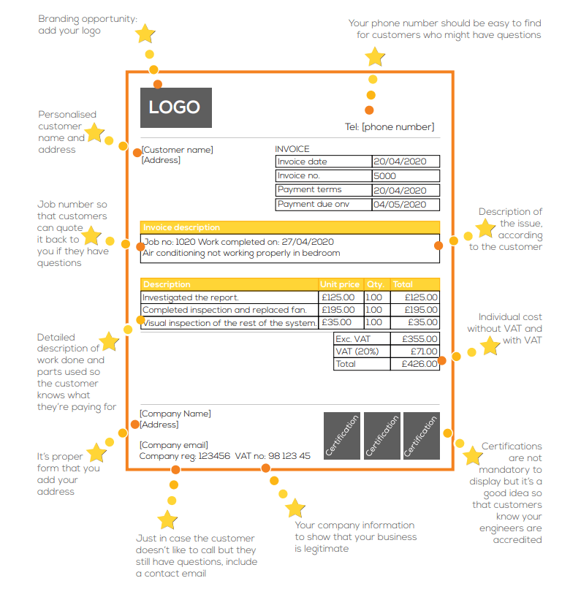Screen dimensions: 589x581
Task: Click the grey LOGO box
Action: tap(175, 108)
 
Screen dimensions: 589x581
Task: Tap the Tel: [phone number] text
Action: tap(390, 127)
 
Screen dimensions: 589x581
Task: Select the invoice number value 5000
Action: tap(384, 176)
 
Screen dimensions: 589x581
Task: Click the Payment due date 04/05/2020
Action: tap(400, 205)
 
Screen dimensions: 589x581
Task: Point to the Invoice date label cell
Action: tap(303, 161)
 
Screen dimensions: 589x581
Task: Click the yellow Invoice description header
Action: tap(289, 227)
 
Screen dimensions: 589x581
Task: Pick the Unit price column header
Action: tap(340, 284)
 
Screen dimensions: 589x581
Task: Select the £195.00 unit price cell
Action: tap(338, 310)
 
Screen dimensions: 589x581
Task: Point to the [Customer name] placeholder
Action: tap(178, 150)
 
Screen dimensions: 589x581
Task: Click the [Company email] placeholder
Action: tap(174, 445)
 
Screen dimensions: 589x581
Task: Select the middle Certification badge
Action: tap(381, 436)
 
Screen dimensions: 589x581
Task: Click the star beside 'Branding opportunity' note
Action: tap(146, 34)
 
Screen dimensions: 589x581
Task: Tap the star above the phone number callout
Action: tap(375, 57)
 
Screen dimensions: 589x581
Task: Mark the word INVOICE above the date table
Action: tap(292, 149)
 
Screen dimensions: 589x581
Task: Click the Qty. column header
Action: tap(375, 284)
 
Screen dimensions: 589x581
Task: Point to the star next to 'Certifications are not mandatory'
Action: tap(473, 457)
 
